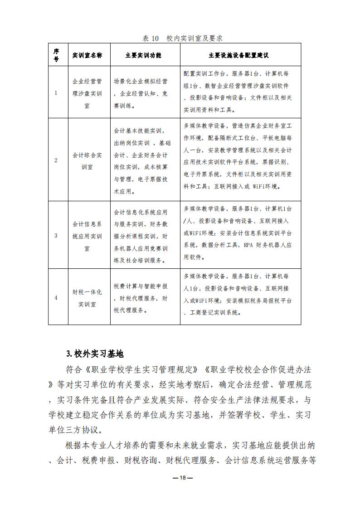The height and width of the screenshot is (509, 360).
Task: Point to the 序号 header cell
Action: (56, 55)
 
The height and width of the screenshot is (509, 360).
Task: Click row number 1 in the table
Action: (56, 93)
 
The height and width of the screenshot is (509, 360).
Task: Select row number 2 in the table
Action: (56, 160)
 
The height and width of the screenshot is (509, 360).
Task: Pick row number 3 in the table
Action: (56, 235)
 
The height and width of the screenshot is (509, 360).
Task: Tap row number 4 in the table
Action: (56, 298)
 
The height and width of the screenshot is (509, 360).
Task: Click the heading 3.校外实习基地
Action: (95, 354)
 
